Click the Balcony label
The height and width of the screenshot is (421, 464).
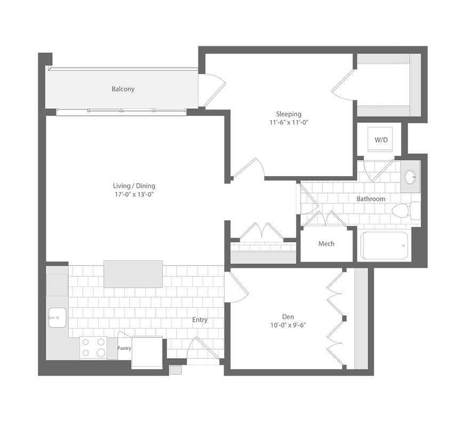(x=123, y=89)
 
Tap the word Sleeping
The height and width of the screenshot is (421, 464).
(x=289, y=114)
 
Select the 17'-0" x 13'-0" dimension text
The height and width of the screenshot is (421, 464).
(x=134, y=195)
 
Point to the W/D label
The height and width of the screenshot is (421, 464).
(x=381, y=140)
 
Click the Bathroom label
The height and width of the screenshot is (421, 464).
(x=371, y=199)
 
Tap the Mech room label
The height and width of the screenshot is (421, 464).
(x=326, y=244)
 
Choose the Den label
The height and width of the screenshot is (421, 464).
(x=288, y=317)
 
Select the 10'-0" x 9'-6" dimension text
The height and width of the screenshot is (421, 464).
(x=288, y=325)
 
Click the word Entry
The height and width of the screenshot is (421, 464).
(x=200, y=320)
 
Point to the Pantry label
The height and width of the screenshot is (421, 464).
(x=124, y=348)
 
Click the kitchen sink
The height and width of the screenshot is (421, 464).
(x=58, y=317)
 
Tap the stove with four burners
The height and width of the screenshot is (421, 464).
(x=93, y=347)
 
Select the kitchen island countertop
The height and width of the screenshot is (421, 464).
(x=133, y=274)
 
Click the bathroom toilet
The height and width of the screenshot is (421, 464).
(x=406, y=211)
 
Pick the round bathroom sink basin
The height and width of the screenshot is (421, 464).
(x=410, y=177)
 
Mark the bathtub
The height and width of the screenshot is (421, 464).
(x=384, y=245)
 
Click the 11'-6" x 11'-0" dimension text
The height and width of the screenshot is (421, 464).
(x=289, y=122)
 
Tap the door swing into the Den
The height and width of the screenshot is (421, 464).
(x=236, y=287)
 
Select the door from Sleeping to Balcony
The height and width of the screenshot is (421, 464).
(x=212, y=90)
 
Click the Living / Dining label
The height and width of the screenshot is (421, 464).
(x=134, y=186)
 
